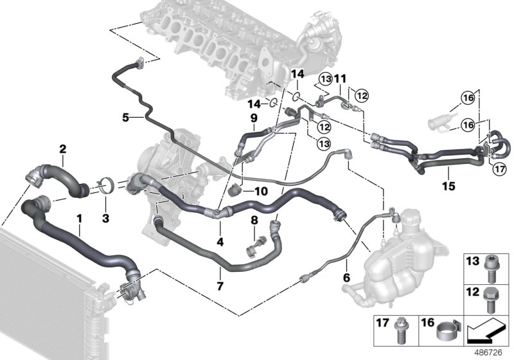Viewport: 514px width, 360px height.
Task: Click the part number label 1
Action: pyautogui.click(x=79, y=219)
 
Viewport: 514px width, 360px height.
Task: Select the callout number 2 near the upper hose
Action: pyautogui.click(x=63, y=150)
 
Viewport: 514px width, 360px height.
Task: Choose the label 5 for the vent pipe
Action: pyautogui.click(x=127, y=118)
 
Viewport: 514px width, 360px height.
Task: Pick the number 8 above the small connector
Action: pyautogui.click(x=254, y=220)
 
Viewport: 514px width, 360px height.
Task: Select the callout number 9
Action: pyautogui.click(x=253, y=118)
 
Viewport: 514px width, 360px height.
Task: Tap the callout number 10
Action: pyautogui.click(x=260, y=192)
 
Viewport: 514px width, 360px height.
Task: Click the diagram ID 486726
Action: pyautogui.click(x=490, y=352)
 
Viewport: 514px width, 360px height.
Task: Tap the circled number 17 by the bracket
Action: pyautogui.click(x=499, y=169)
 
